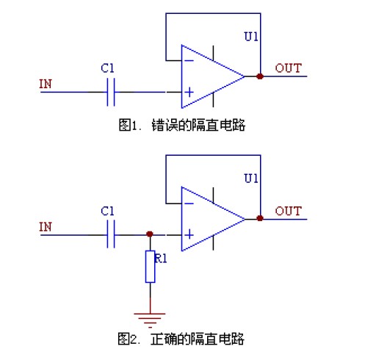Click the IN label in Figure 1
(46, 84)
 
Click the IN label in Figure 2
(46, 226)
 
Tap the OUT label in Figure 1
(288, 68)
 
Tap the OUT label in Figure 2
(288, 211)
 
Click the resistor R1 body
(151, 267)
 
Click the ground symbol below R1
(151, 316)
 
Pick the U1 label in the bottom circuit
(251, 179)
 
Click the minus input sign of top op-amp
(189, 61)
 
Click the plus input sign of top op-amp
(189, 93)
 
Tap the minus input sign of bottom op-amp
(189, 204)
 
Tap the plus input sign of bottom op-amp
(189, 235)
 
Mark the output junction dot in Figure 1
(260, 76)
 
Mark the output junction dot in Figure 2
(260, 218)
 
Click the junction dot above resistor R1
(151, 235)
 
